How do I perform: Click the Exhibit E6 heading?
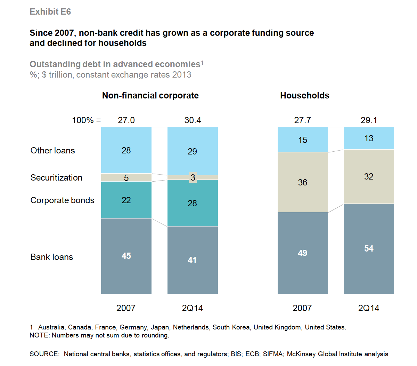(x=50, y=12)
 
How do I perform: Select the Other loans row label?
(x=52, y=151)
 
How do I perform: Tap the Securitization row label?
(x=56, y=178)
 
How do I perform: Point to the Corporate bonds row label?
(x=62, y=200)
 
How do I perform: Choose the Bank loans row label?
(x=52, y=257)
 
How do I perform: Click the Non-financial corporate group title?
(x=150, y=96)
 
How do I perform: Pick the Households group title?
(x=304, y=96)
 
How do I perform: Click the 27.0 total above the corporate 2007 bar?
(x=126, y=120)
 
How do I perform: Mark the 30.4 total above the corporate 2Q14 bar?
(x=193, y=120)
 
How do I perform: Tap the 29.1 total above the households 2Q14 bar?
(x=369, y=120)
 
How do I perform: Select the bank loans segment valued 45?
(x=126, y=256)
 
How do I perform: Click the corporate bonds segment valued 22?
(x=126, y=200)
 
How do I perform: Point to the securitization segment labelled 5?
(x=126, y=178)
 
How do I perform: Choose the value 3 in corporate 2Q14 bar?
(x=193, y=177)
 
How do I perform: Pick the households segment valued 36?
(x=302, y=182)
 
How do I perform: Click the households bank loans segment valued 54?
(x=369, y=249)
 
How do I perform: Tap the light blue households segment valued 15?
(x=302, y=140)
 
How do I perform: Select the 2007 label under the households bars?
(x=302, y=308)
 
